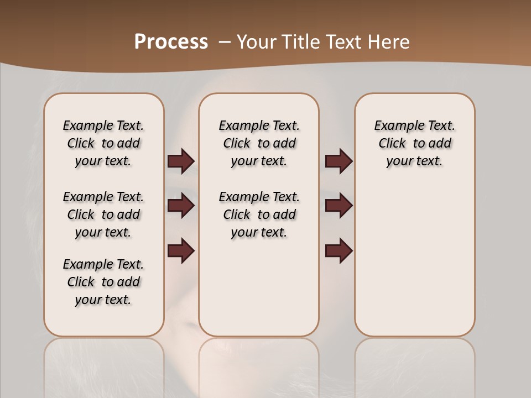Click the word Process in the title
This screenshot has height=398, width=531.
tap(171, 41)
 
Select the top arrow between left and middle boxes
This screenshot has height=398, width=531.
tap(181, 161)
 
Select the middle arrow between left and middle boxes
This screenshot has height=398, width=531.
tap(181, 206)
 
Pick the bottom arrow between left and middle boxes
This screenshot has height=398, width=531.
tap(181, 251)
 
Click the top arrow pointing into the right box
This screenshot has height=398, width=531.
tap(339, 161)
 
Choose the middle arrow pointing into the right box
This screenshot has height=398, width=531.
tap(339, 206)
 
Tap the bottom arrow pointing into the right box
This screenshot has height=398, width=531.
tap(339, 251)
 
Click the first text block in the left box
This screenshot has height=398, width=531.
tap(103, 143)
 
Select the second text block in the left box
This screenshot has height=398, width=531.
tap(103, 214)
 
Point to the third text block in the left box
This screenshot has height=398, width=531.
tap(103, 282)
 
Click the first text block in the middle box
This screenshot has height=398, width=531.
tap(259, 143)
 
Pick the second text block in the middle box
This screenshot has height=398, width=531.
tap(259, 214)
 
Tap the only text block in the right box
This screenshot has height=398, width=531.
tap(414, 143)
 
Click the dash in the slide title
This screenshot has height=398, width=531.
tap(225, 42)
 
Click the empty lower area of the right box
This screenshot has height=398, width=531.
tap(414, 265)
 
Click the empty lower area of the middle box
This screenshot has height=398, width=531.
tap(259, 287)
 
